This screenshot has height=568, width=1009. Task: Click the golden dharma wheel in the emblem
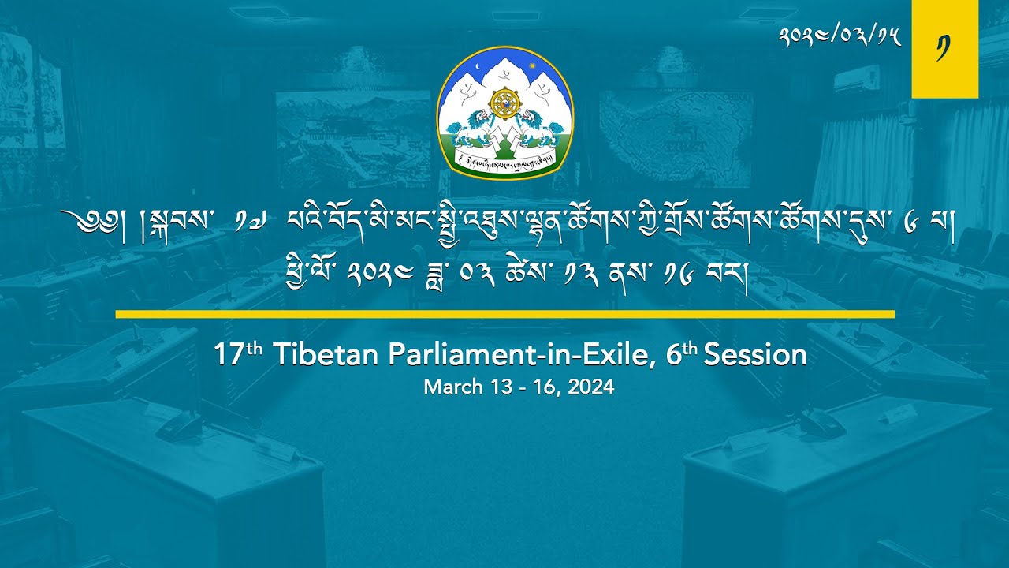click(504, 104)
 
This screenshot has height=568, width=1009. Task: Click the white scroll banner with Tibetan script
click(504, 161)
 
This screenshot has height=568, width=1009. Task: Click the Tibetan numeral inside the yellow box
click(944, 49)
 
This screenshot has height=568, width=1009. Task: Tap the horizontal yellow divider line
click(504, 314)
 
